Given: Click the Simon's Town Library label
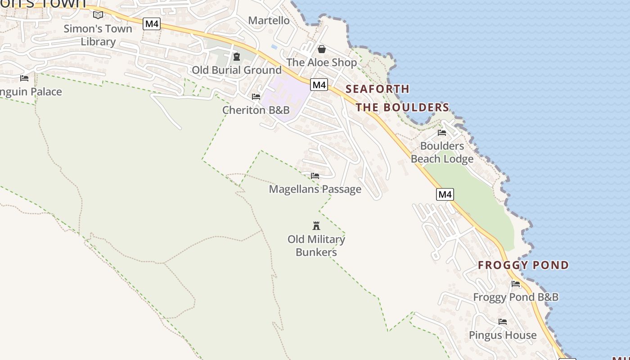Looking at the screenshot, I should pyautogui.click(x=98, y=35).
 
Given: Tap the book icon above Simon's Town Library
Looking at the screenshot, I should pyautogui.click(x=98, y=15).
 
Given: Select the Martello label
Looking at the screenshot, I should pyautogui.click(x=269, y=20).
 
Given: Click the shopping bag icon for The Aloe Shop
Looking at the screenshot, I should pyautogui.click(x=322, y=49).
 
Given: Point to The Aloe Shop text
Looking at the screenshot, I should pyautogui.click(x=321, y=62).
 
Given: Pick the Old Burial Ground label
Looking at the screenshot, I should pyautogui.click(x=237, y=70).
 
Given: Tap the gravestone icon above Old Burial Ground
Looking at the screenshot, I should pyautogui.click(x=237, y=57).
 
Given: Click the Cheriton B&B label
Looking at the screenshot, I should pyautogui.click(x=256, y=110).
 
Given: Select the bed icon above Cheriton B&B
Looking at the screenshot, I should pyautogui.click(x=256, y=97).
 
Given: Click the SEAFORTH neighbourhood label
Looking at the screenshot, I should pyautogui.click(x=378, y=89).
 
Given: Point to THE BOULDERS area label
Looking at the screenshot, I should pyautogui.click(x=402, y=107).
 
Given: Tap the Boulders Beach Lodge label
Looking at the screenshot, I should pyautogui.click(x=442, y=153).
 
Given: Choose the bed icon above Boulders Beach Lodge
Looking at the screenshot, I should pyautogui.click(x=442, y=133).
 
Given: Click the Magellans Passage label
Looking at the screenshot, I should pyautogui.click(x=315, y=189).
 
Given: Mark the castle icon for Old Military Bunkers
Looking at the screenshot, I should pyautogui.click(x=316, y=225).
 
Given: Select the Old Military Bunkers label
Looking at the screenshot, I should pyautogui.click(x=316, y=246).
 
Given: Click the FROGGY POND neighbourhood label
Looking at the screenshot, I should pyautogui.click(x=523, y=265).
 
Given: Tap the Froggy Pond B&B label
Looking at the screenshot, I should pyautogui.click(x=516, y=297).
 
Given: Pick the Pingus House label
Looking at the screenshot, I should pyautogui.click(x=503, y=335).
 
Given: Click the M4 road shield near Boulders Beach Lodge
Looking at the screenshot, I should pyautogui.click(x=445, y=194).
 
